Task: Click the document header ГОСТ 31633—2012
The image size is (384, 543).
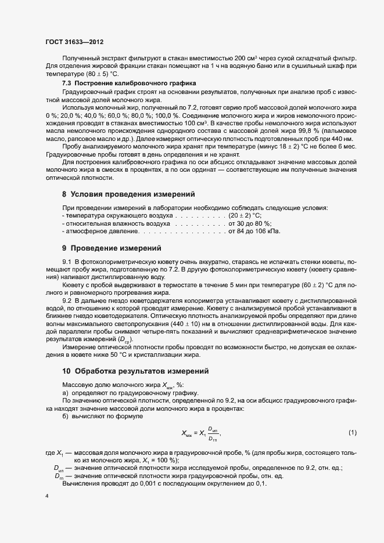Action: click(74, 43)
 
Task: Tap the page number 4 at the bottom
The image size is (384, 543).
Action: click(46, 497)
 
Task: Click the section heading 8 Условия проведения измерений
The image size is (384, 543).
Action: click(128, 194)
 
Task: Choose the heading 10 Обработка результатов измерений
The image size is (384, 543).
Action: click(135, 371)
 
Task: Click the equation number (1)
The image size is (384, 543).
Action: click(352, 433)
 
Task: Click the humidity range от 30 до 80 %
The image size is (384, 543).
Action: click(250, 223)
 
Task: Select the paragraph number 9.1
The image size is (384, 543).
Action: click(67, 262)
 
